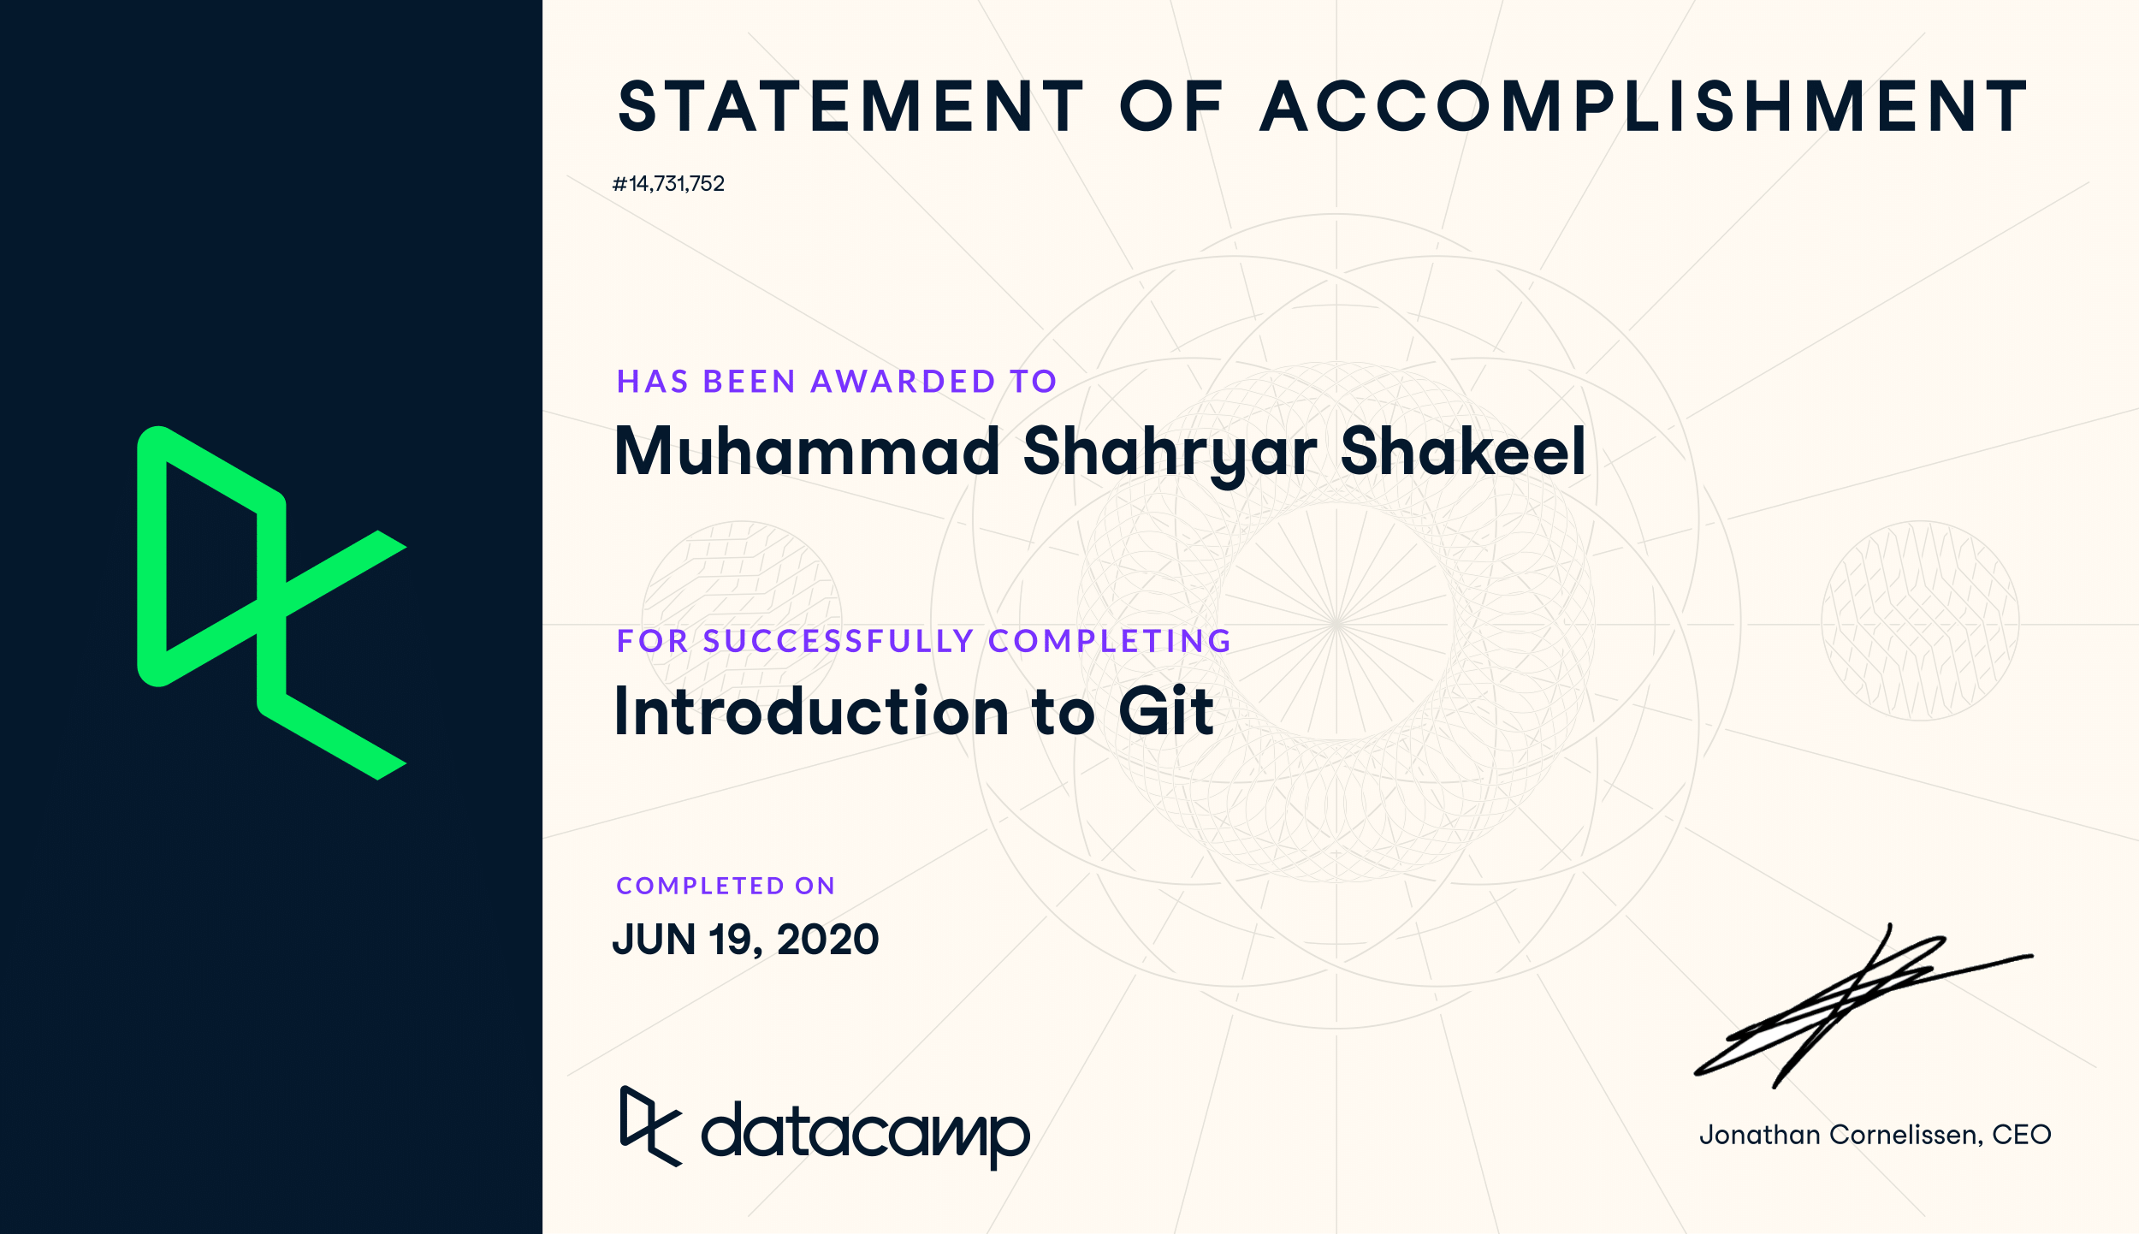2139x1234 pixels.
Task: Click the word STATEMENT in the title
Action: click(x=851, y=107)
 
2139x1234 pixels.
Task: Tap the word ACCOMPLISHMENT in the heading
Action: click(x=1644, y=107)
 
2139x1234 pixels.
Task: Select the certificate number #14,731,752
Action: click(x=668, y=184)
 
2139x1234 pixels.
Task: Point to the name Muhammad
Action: click(x=807, y=451)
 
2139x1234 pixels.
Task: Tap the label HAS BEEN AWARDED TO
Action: click(x=837, y=382)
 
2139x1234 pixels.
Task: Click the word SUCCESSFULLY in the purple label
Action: click(x=838, y=641)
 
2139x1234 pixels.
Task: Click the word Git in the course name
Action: click(x=1166, y=710)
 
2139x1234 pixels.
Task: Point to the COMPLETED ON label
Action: click(x=726, y=886)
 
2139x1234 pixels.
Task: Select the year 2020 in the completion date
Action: click(x=827, y=940)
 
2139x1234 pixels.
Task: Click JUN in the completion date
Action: click(x=655, y=940)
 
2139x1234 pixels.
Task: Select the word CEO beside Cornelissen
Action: click(x=2022, y=1135)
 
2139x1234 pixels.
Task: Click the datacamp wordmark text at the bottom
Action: click(x=866, y=1134)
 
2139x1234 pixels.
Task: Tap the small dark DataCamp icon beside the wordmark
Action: click(x=651, y=1126)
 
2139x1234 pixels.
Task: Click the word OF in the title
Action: click(x=1171, y=107)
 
